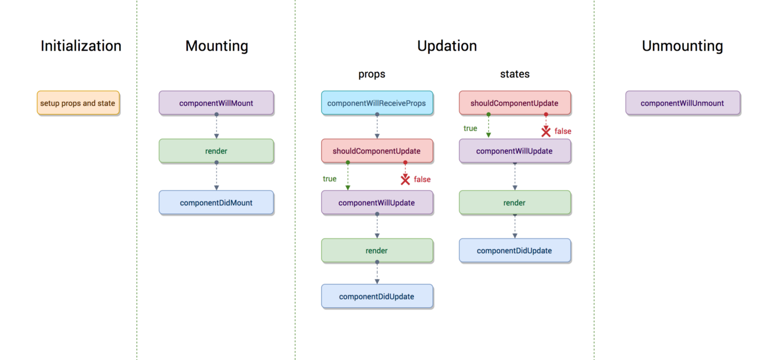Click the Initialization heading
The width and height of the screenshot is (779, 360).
[x=81, y=46]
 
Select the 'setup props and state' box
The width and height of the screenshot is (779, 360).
[x=78, y=103]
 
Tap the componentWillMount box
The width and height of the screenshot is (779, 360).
[x=216, y=103]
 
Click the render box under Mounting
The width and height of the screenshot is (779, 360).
[x=216, y=151]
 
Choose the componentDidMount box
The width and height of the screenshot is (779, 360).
[x=216, y=203]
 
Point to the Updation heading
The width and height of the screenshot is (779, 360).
[x=447, y=46]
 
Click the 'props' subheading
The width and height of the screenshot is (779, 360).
[x=372, y=74]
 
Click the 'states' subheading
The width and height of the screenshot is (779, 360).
[x=515, y=74]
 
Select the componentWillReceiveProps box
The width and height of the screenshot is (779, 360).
[x=377, y=103]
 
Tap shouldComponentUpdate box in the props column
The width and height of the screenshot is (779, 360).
[x=377, y=151]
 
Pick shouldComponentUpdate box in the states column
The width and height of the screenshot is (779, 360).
[x=514, y=103]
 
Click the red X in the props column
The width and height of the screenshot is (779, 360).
[x=405, y=179]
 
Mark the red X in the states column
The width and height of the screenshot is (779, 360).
[x=546, y=131]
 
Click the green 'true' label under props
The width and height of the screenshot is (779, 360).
[x=329, y=179]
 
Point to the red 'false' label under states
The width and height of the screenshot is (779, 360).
[x=563, y=131]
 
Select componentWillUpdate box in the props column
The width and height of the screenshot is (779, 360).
[x=377, y=203]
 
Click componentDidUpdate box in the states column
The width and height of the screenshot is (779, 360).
[x=514, y=250]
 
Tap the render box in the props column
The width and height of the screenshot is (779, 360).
[x=377, y=250]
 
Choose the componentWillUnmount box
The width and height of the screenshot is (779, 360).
[x=682, y=103]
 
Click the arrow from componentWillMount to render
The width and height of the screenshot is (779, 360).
[x=216, y=127]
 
